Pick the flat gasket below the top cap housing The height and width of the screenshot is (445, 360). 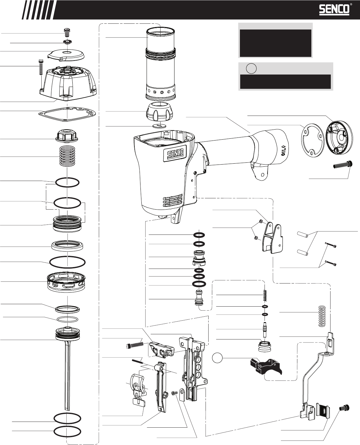point(67,113)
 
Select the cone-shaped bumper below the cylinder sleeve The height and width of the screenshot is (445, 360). point(161,112)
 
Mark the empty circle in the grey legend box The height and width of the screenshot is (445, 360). point(251,68)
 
